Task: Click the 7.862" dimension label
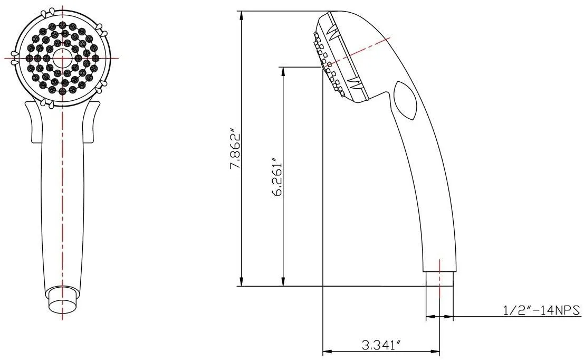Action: (236, 149)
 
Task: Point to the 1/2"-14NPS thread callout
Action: (542, 310)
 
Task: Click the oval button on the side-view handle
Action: (405, 101)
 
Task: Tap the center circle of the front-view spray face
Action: (62, 58)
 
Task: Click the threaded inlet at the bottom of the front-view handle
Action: (63, 298)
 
